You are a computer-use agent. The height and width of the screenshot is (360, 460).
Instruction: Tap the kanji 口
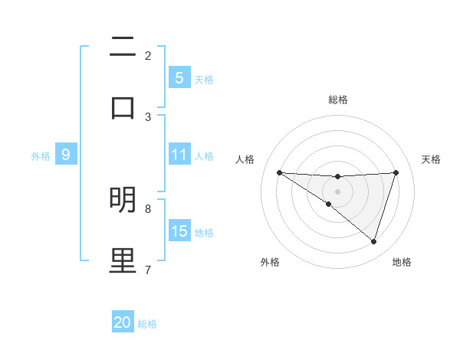(x=123, y=106)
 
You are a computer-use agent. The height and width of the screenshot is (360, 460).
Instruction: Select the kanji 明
(x=123, y=201)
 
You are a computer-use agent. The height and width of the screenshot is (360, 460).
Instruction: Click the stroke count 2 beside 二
(x=148, y=56)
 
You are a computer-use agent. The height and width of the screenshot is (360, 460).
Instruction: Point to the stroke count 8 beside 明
(x=148, y=208)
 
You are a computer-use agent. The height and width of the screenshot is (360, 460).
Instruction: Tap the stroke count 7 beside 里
(x=148, y=270)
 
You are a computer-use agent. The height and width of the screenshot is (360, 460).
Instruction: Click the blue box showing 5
(x=179, y=78)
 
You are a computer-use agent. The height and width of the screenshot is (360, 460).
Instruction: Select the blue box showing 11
(x=179, y=155)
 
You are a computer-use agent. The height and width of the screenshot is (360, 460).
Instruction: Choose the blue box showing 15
(x=179, y=232)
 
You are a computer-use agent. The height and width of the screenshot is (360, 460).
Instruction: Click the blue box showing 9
(x=66, y=155)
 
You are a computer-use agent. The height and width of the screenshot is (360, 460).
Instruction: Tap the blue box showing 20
(x=123, y=323)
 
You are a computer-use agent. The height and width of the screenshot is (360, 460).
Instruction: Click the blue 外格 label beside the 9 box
(x=41, y=156)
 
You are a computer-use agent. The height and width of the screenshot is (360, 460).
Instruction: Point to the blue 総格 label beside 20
(x=147, y=324)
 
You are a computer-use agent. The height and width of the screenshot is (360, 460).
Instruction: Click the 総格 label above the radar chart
(x=337, y=100)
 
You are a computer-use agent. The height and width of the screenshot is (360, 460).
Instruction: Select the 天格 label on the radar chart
(x=431, y=159)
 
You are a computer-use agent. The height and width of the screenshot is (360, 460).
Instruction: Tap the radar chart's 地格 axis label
(x=402, y=262)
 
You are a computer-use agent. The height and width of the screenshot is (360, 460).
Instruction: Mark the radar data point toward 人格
(x=279, y=172)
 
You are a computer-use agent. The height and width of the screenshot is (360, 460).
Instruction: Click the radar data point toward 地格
(x=373, y=241)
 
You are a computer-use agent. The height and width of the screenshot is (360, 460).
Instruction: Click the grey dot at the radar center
(x=337, y=191)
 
